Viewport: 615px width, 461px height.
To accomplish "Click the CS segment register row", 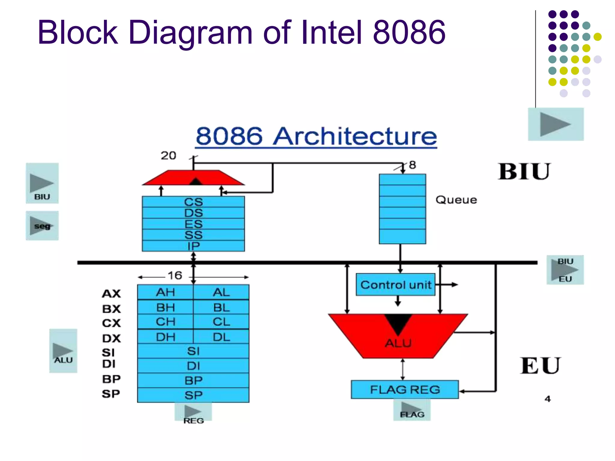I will coord(193,202).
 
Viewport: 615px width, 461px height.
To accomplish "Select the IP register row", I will coord(193,246).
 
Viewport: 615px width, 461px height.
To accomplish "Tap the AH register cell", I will coord(165,292).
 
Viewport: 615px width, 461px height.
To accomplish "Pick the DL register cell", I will coord(221,337).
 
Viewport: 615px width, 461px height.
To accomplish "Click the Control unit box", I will coord(395,285).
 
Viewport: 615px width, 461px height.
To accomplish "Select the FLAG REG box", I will coord(405,390).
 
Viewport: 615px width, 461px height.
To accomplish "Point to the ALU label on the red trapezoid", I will coord(398,343).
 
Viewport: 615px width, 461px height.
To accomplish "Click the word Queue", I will coord(456,200).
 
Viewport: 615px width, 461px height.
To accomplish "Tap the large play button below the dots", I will coord(556,124).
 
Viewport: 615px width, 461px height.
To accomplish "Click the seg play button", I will coord(42,226).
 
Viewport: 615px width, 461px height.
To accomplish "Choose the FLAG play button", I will coord(412,410).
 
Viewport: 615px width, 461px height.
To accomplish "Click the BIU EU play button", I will coord(565,270).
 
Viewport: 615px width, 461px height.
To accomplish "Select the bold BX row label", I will coord(111,309).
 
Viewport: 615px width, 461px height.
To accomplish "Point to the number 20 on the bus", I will coord(168,155).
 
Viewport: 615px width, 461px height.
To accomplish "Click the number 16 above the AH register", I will coord(175,276).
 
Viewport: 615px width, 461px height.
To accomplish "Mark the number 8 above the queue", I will coord(413,165).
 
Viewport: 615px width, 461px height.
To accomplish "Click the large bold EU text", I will coord(540,366).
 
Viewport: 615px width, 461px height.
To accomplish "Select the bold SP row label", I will coord(111,393).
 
